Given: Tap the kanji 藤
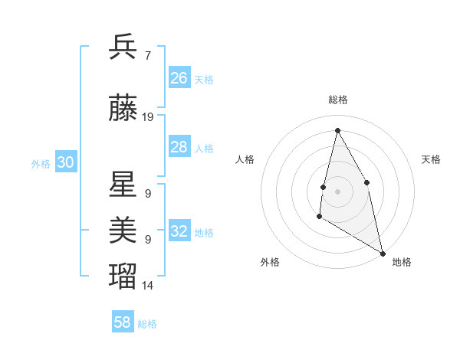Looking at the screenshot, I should pyautogui.click(x=123, y=109).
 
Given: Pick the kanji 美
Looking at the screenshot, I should pyautogui.click(x=123, y=229).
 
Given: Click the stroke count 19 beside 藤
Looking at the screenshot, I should pyautogui.click(x=148, y=117).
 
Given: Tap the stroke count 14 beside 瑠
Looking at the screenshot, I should pyautogui.click(x=148, y=286).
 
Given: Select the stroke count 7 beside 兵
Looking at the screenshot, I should pyautogui.click(x=148, y=56).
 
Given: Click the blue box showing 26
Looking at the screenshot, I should pyautogui.click(x=179, y=78).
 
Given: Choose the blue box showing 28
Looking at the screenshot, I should pyautogui.click(x=179, y=147).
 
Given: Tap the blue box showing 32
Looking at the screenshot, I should pyautogui.click(x=179, y=231).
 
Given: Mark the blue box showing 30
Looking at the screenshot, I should pyautogui.click(x=65, y=162).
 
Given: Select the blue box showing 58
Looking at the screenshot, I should pyautogui.click(x=123, y=322).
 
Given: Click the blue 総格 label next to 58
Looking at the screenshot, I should pyautogui.click(x=147, y=324).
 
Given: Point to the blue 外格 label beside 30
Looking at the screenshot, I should pyautogui.click(x=41, y=163).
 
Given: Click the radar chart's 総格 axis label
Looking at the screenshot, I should pyautogui.click(x=338, y=100).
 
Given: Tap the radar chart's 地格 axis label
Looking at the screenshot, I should pyautogui.click(x=402, y=262).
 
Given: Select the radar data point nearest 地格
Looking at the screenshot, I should pyautogui.click(x=383, y=254).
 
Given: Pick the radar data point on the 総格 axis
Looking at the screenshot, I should pyautogui.click(x=337, y=130).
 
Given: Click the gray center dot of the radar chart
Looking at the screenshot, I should pyautogui.click(x=337, y=191).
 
